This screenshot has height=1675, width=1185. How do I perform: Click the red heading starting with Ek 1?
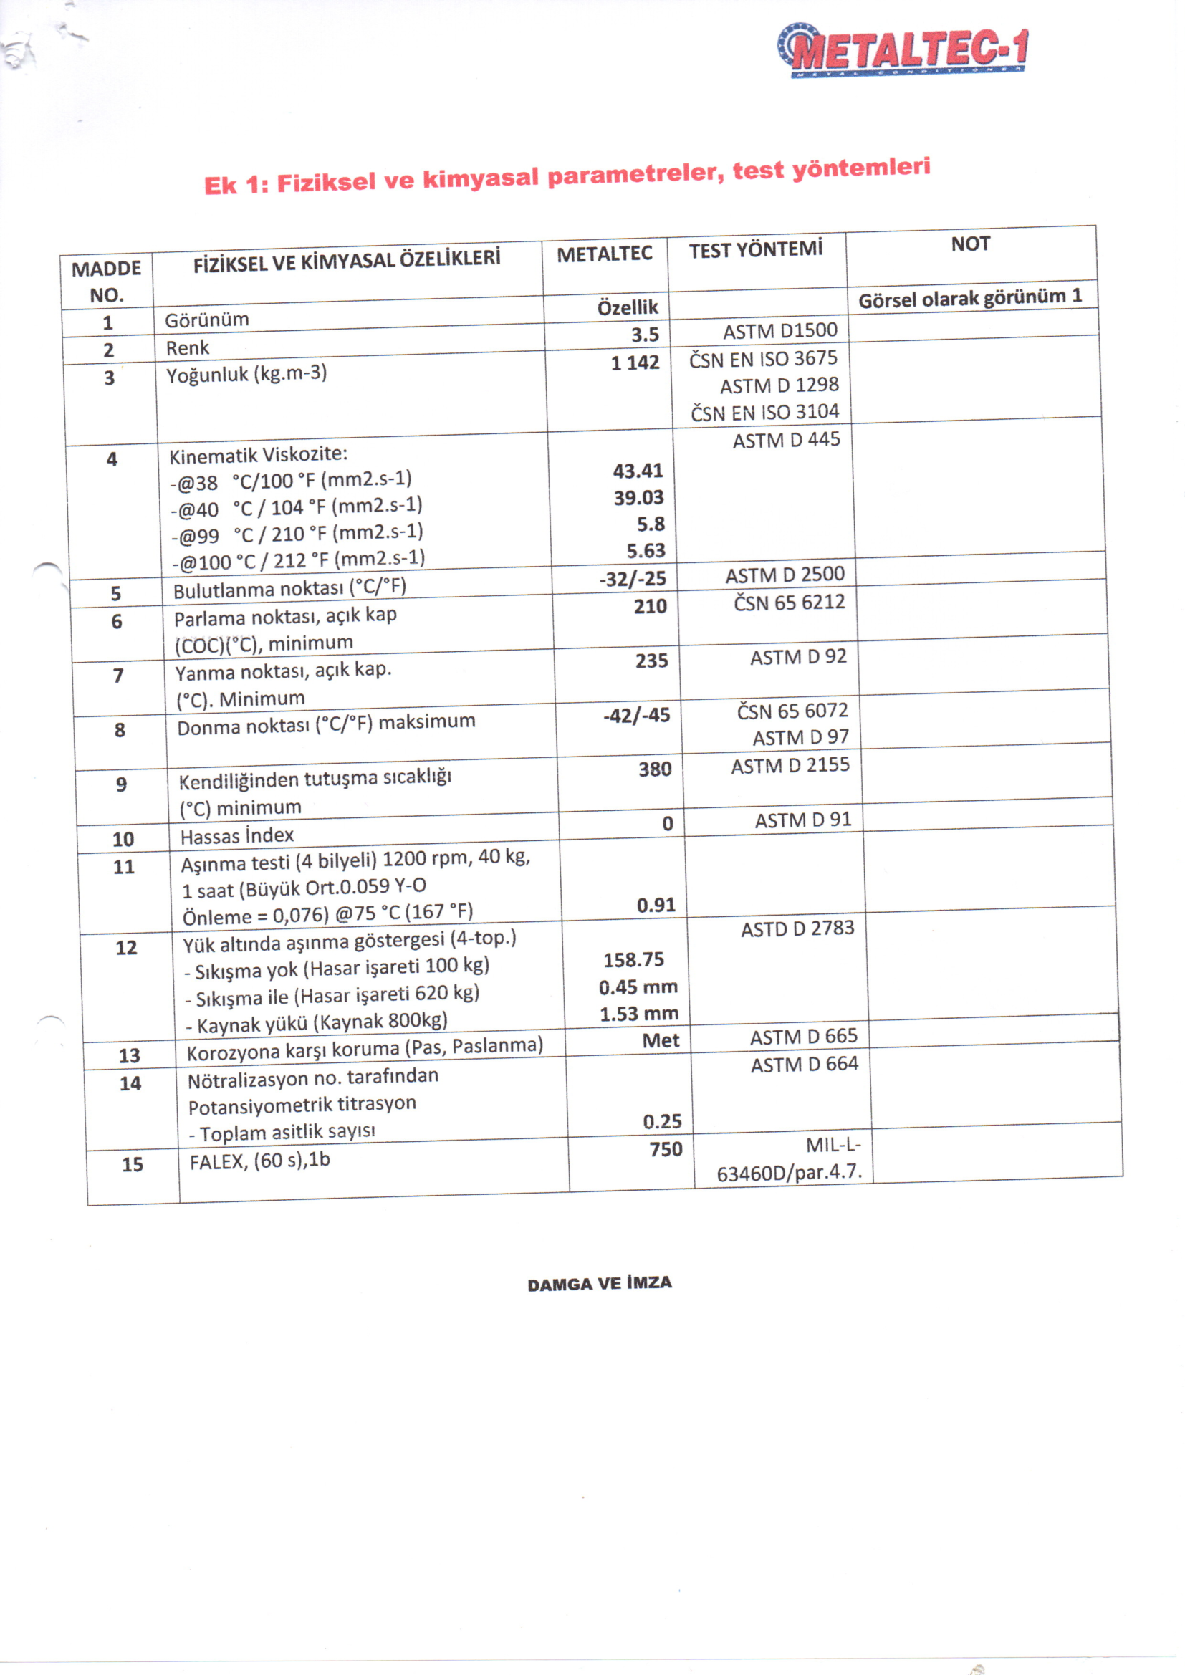tap(567, 176)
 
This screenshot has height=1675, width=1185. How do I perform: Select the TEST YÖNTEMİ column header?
tap(755, 249)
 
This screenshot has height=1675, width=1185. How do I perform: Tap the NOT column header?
tap(970, 244)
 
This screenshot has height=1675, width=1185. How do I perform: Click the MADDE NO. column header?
tap(107, 282)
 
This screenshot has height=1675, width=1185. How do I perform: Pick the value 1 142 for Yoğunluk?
tap(635, 363)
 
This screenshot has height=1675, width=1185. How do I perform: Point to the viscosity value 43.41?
tap(638, 471)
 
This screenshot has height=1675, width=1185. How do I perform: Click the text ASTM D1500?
tap(780, 331)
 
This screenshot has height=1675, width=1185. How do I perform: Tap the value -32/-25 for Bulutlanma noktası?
tap(633, 580)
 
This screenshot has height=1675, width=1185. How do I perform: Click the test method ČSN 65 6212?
tap(789, 603)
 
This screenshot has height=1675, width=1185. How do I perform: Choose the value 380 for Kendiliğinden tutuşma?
tap(655, 769)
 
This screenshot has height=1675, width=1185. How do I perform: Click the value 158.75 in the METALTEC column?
tap(633, 960)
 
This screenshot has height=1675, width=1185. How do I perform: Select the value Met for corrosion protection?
tap(661, 1041)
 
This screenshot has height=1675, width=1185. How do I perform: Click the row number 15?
tap(132, 1164)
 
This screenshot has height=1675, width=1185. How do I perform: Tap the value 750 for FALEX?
tap(666, 1150)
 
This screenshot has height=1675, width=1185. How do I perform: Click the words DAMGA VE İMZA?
tap(599, 1284)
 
